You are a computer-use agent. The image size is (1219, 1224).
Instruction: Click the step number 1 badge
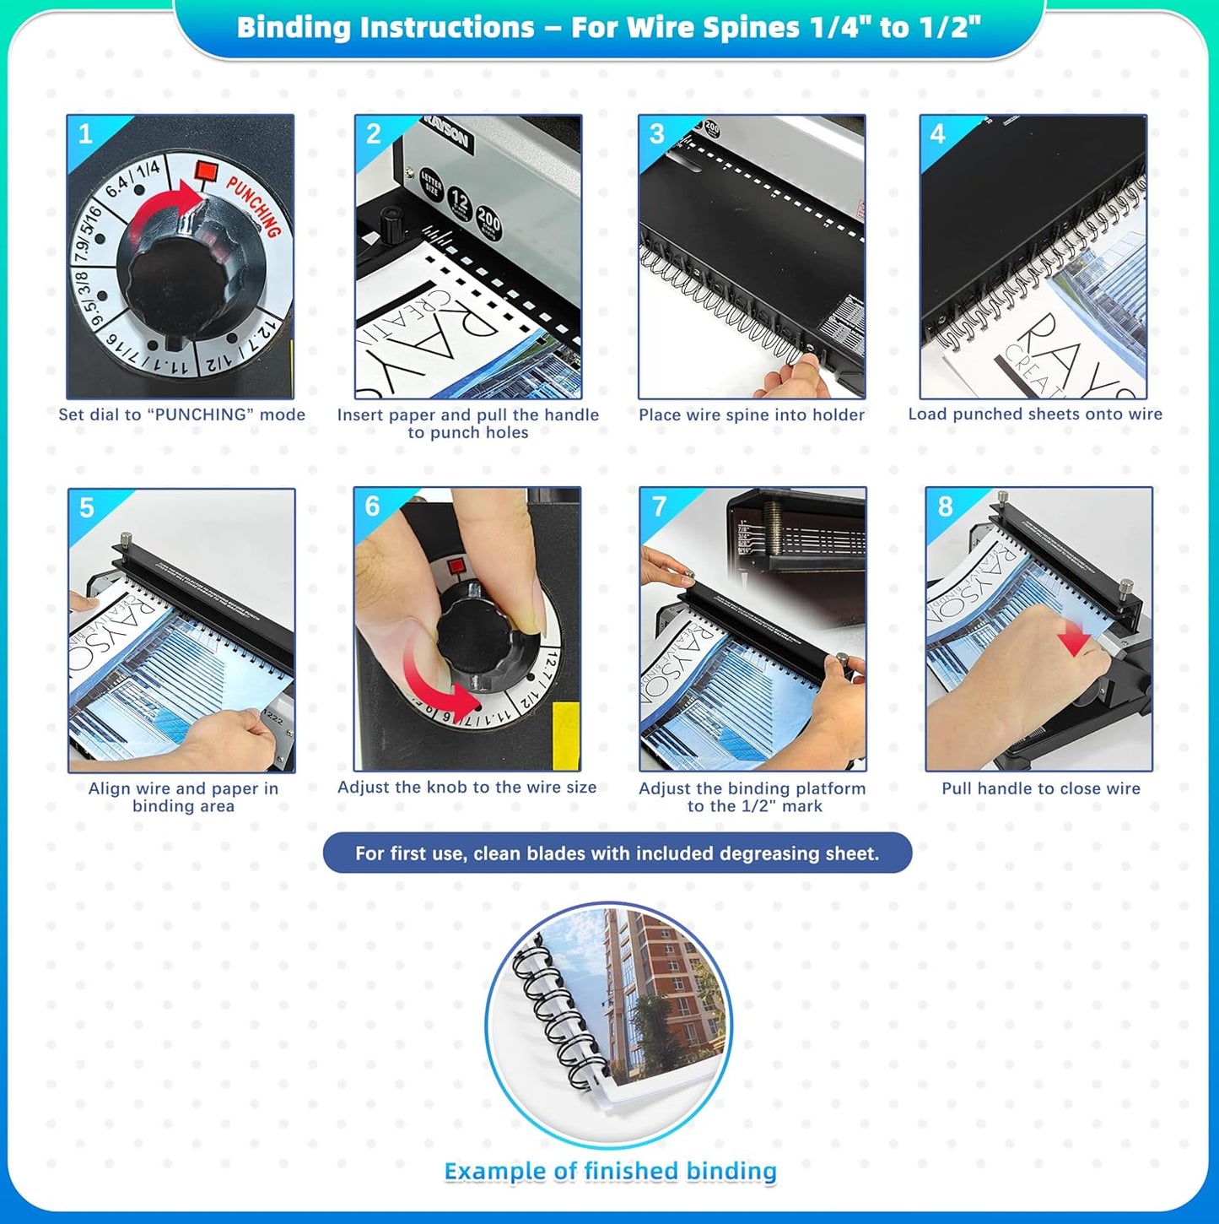coord(85,134)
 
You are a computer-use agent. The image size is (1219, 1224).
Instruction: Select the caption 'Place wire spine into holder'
coord(751,414)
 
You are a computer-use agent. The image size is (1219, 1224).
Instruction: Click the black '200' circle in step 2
coord(488,221)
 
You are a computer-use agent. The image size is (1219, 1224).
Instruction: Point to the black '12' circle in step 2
coord(459,203)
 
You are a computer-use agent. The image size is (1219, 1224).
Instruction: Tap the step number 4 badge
coord(937,134)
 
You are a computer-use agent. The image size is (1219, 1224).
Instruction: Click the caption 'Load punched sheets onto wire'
coord(1035,414)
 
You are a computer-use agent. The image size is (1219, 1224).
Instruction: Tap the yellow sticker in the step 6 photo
coord(565,734)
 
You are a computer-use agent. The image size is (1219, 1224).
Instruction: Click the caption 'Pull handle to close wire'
coord(1040,788)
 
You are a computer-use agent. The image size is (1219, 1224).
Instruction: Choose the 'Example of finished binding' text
coord(610,1171)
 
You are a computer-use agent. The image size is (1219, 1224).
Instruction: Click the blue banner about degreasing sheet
coord(617,853)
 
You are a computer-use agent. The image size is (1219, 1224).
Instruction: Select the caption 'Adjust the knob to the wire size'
coord(467,787)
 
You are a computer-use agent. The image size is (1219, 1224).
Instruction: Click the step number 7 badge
coord(659,506)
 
